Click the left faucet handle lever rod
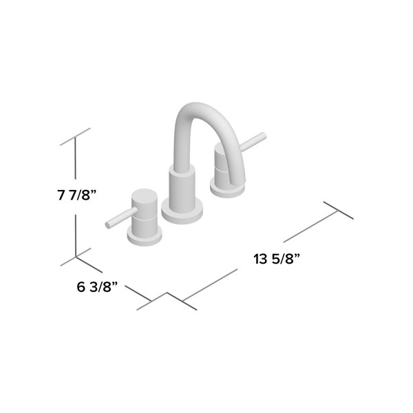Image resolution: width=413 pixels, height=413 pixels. [x=116, y=220]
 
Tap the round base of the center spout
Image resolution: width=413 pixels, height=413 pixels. [x=182, y=210]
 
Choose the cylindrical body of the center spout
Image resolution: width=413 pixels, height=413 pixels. [x=182, y=189]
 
